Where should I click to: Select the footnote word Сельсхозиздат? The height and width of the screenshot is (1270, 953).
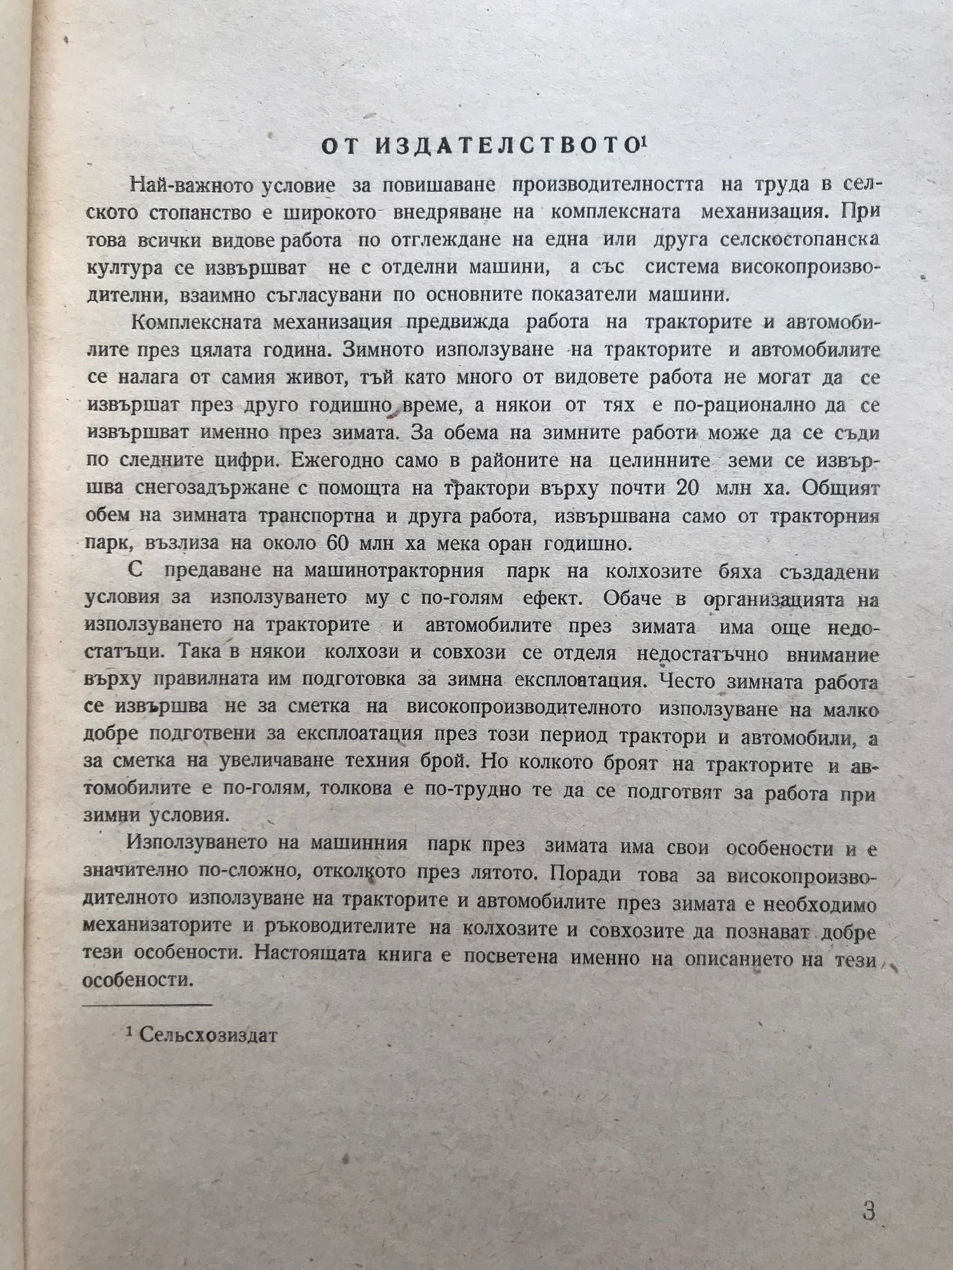click(x=209, y=1036)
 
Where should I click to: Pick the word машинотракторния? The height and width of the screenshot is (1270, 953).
click(x=394, y=571)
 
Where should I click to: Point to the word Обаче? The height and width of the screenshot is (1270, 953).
click(x=633, y=599)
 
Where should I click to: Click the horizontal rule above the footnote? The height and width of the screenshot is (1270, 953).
click(x=147, y=1004)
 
